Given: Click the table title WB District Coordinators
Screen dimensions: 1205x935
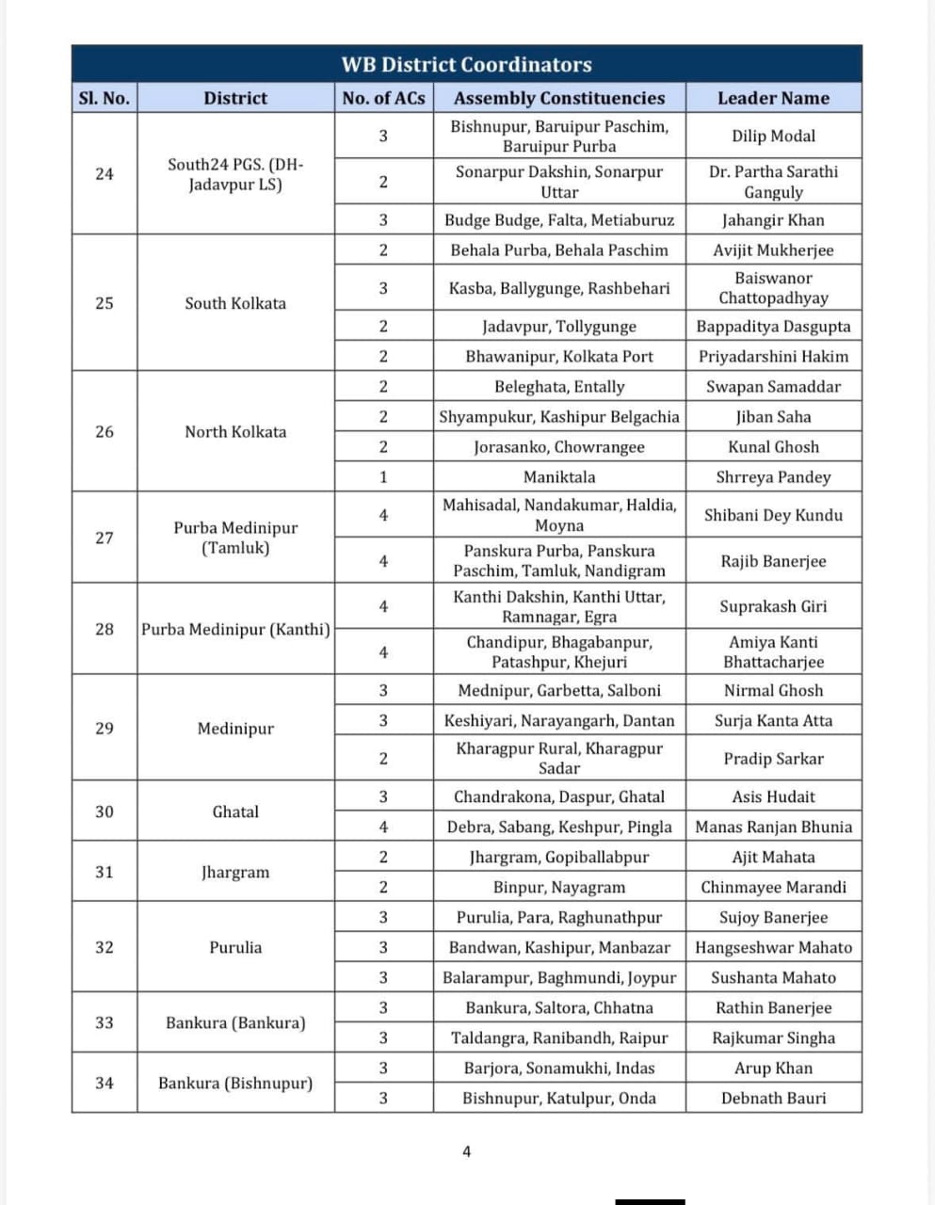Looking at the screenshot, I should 466,65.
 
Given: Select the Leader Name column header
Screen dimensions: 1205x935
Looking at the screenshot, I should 773,98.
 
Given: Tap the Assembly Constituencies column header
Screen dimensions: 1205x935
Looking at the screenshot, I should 559,98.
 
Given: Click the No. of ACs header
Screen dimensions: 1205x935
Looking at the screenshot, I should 383,98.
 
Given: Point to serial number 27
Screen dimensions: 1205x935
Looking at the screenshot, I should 105,538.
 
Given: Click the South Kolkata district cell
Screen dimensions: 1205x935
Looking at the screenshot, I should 235,303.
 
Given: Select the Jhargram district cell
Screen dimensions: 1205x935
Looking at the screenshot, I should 235,872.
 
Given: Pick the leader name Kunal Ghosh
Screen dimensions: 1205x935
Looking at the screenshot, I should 773,447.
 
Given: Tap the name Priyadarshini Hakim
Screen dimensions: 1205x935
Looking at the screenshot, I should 773,357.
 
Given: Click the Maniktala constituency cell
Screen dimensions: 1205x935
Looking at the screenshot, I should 559,477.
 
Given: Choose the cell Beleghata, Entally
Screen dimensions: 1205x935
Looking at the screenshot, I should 559,387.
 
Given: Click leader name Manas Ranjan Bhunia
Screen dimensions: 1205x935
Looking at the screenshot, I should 773,827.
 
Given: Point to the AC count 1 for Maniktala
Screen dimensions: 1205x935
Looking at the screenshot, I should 383,477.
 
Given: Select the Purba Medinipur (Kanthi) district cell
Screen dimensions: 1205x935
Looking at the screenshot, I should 235,629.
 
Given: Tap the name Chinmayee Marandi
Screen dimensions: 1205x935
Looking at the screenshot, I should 773,888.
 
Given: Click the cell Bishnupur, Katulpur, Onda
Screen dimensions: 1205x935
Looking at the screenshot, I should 559,1099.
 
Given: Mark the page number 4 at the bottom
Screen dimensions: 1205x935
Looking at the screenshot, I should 466,1151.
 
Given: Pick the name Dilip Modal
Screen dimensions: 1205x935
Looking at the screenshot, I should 773,137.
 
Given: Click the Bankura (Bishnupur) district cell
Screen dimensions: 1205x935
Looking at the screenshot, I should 235,1084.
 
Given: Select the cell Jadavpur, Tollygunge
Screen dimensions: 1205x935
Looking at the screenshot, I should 559,327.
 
